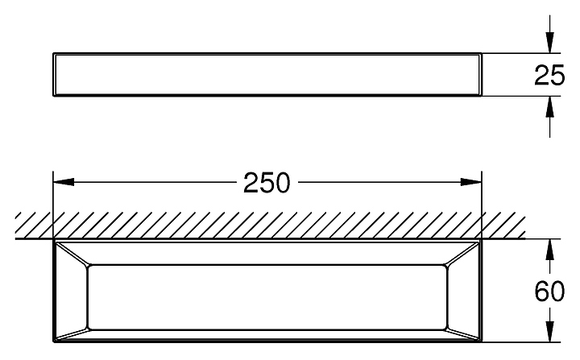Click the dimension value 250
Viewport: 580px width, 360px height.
click(267, 184)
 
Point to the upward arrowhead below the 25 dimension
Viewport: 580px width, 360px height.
click(549, 106)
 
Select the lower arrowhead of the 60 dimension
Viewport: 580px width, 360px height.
click(549, 333)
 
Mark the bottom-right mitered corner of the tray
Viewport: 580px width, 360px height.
click(464, 329)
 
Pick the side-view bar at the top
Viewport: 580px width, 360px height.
click(267, 75)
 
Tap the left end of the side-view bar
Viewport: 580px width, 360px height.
click(55, 75)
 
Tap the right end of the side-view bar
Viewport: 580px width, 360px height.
click(480, 75)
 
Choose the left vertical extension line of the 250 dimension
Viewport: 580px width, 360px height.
click(53, 201)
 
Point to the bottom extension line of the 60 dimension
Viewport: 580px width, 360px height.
click(524, 341)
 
